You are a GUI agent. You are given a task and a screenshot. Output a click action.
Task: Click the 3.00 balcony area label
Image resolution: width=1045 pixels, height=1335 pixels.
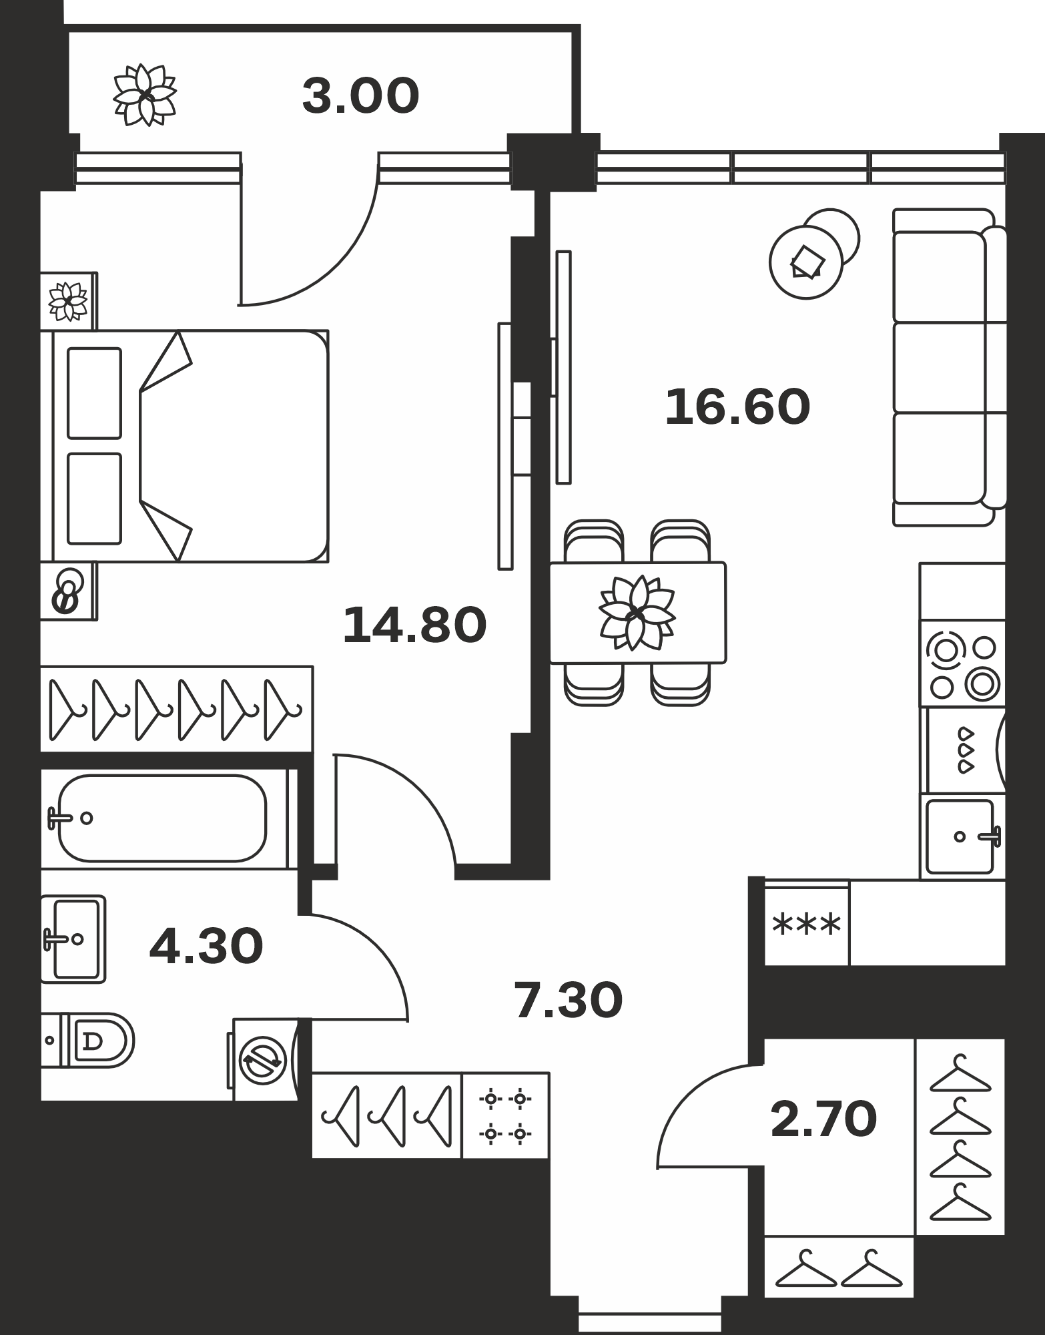tap(360, 96)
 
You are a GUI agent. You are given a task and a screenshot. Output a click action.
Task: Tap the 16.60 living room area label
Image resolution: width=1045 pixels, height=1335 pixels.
tap(737, 407)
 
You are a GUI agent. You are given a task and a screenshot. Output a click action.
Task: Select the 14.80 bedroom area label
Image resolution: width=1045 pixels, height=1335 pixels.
tap(414, 625)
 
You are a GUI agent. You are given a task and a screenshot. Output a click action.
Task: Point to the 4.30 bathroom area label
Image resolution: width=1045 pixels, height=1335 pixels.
tap(206, 947)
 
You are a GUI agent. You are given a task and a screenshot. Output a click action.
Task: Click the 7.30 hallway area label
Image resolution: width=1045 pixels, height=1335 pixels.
tap(569, 1001)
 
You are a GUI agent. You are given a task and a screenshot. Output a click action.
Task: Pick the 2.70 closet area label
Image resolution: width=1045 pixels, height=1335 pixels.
tap(823, 1119)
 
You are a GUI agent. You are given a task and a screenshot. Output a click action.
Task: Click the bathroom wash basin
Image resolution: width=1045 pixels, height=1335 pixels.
tap(73, 939)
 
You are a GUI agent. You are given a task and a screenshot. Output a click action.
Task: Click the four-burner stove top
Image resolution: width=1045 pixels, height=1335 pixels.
tap(962, 667)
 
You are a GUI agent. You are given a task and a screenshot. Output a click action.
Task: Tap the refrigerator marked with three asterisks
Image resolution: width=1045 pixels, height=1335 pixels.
tap(806, 924)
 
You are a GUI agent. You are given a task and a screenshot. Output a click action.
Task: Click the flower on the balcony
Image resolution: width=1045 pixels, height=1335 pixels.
tap(144, 95)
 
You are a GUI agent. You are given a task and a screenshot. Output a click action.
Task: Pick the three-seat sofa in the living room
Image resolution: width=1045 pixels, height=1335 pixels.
tap(950, 367)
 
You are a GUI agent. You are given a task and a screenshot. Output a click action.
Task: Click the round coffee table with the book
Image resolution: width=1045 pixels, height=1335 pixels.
tap(806, 262)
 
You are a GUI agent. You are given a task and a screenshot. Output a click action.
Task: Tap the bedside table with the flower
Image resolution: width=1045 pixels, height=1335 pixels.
tap(69, 301)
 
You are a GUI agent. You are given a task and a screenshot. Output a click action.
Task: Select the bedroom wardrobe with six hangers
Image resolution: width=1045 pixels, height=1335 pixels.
tap(177, 709)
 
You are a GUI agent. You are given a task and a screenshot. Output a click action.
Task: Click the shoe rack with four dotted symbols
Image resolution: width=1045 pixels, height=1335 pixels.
tap(505, 1115)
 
